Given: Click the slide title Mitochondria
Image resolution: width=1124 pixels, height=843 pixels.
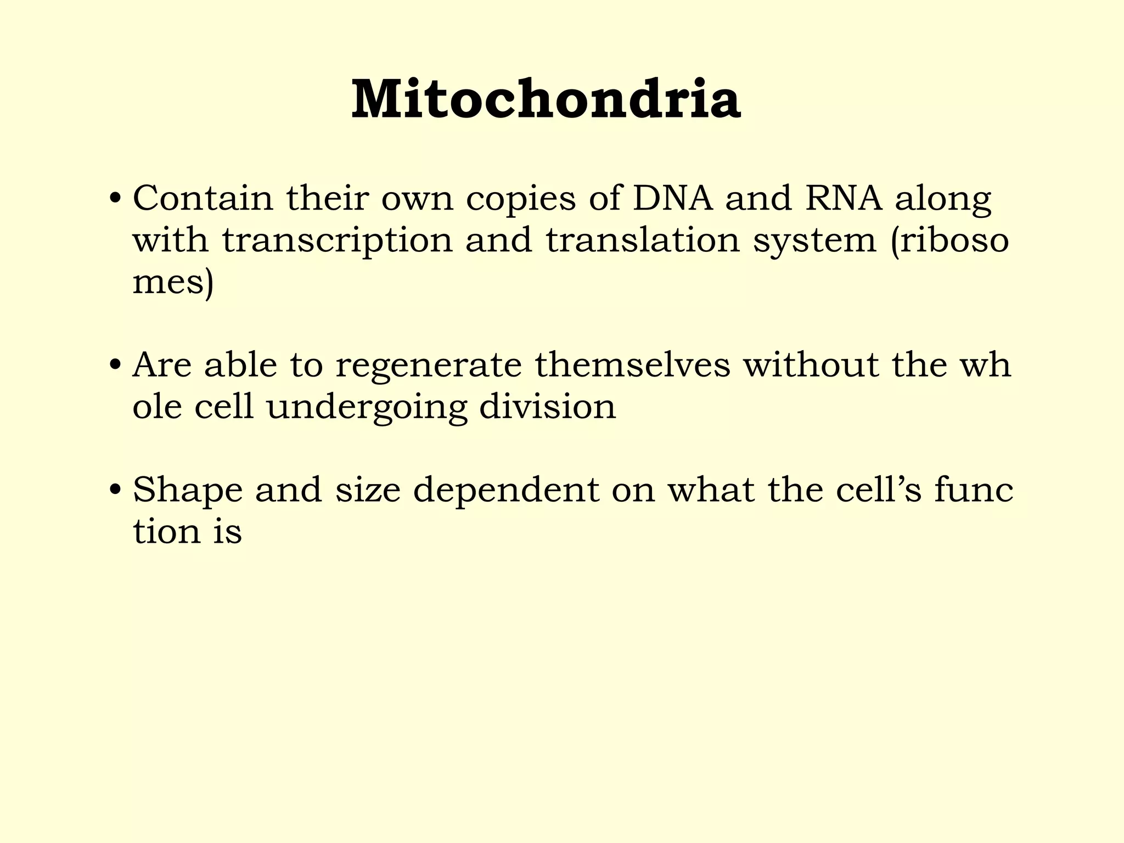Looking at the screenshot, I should (x=546, y=99).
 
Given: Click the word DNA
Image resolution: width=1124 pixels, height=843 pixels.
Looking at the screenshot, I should (x=673, y=198).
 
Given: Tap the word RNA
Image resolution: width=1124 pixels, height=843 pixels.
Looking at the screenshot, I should (x=844, y=198).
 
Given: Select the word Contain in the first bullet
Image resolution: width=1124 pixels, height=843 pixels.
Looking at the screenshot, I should (x=203, y=198).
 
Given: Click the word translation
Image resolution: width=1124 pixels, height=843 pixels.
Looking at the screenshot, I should (x=643, y=240).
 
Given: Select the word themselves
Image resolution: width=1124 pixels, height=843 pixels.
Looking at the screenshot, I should (x=633, y=365).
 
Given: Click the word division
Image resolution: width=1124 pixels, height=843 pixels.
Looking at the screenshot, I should (x=548, y=407).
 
